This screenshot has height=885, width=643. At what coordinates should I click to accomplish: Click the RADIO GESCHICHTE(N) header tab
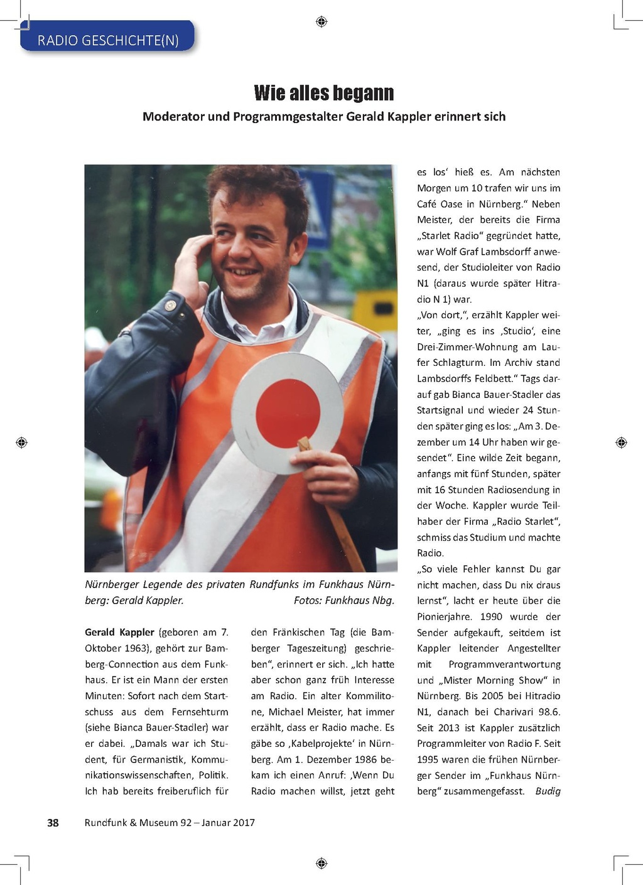pyautogui.click(x=107, y=40)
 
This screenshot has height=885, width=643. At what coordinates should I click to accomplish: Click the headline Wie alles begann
pyautogui.click(x=323, y=93)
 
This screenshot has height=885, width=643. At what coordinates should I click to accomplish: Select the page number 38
pyautogui.click(x=53, y=822)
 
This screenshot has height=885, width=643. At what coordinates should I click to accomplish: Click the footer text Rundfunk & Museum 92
pyautogui.click(x=138, y=822)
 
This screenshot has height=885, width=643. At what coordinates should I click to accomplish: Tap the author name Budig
pyautogui.click(x=548, y=791)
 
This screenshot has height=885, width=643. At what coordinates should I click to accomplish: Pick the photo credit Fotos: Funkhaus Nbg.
pyautogui.click(x=343, y=601)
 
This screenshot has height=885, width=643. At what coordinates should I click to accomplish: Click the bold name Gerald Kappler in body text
pyautogui.click(x=119, y=632)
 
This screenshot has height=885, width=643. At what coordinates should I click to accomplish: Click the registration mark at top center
pyautogui.click(x=321, y=22)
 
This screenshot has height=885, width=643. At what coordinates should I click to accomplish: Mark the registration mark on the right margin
pyautogui.click(x=621, y=442)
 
